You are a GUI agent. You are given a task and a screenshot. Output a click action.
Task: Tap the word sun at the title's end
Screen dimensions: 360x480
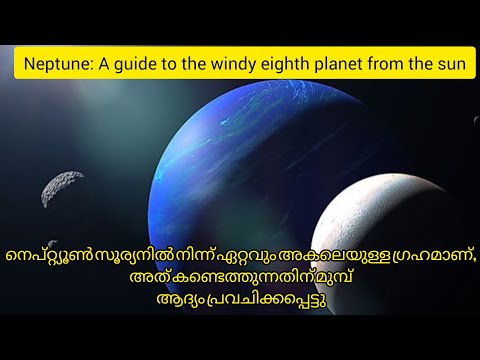click(455, 65)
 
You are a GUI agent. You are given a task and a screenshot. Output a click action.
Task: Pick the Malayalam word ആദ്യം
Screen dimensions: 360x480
click(176, 302)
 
